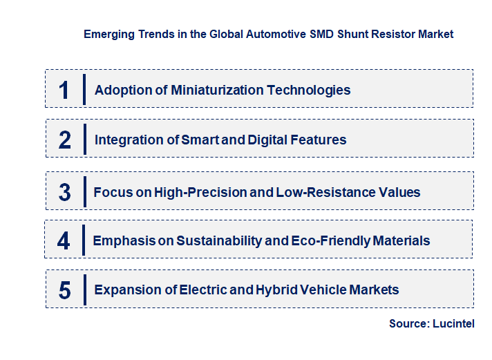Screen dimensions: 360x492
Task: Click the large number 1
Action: point(64,90)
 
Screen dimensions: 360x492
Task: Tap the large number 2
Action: point(65,140)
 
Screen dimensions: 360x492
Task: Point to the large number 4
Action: point(64,241)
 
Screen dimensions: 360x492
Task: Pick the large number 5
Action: point(64,290)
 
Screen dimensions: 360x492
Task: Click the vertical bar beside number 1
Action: point(84,89)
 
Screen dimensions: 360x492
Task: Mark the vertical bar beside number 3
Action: point(84,191)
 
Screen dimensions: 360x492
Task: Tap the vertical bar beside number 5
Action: point(84,289)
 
